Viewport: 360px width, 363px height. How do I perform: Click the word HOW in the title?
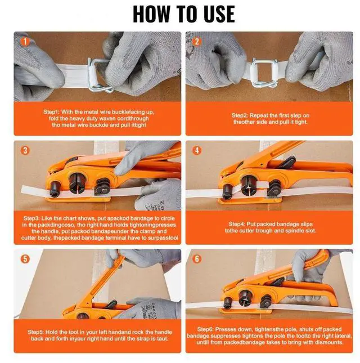(x=151, y=15)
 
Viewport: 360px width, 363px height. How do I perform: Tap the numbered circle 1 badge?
(x=25, y=42)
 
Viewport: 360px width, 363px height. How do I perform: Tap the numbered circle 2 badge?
(x=197, y=42)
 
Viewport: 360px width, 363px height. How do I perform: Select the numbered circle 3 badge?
(x=25, y=150)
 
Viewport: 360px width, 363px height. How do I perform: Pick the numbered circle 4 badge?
(x=197, y=150)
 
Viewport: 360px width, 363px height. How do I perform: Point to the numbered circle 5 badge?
(x=25, y=259)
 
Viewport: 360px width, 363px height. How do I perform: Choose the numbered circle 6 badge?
(x=197, y=259)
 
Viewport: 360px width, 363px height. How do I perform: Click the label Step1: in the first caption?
(x=51, y=112)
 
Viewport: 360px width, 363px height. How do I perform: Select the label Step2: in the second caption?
(x=240, y=115)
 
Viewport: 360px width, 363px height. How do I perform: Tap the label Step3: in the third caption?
(x=31, y=218)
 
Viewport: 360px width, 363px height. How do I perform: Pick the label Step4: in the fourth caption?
(x=237, y=224)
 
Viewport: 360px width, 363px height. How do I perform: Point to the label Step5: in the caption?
(x=35, y=332)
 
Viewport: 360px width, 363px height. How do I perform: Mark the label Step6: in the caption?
(x=205, y=329)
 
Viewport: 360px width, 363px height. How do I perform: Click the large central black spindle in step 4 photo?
(x=248, y=185)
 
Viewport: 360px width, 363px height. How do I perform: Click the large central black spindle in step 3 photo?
(x=77, y=183)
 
